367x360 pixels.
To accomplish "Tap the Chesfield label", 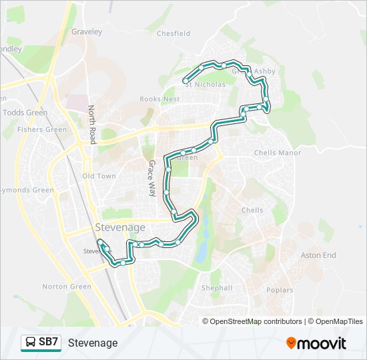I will pyautogui.click(x=173, y=33).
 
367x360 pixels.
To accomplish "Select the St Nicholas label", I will pyautogui.click(x=206, y=85).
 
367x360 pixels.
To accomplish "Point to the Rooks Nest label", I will pyautogui.click(x=160, y=99).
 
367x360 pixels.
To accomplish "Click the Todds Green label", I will pyautogui.click(x=25, y=113).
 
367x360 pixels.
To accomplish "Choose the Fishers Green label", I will pyautogui.click(x=42, y=130).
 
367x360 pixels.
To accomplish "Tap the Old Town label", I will pyautogui.click(x=99, y=177).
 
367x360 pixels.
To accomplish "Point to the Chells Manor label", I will pyautogui.click(x=278, y=153).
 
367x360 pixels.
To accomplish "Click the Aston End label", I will pyautogui.click(x=318, y=255).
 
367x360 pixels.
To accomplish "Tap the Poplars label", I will pyautogui.click(x=280, y=291).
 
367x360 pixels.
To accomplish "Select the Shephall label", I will pyautogui.click(x=217, y=289).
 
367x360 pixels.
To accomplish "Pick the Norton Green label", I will pyautogui.click(x=67, y=287).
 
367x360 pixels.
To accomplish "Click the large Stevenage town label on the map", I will pyautogui.click(x=120, y=227).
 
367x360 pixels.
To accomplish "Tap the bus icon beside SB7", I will pyautogui.click(x=31, y=343).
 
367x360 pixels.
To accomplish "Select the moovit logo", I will pyautogui.click(x=316, y=343).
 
